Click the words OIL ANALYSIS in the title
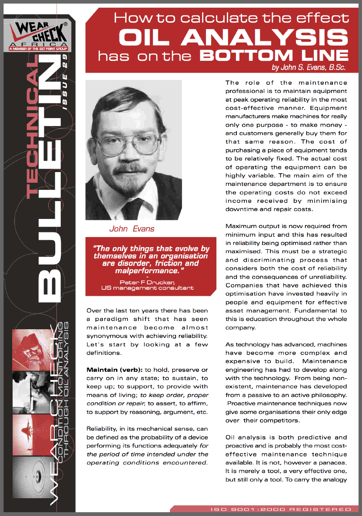pos(234,37)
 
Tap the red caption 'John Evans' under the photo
pos(132,228)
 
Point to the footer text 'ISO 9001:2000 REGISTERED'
pos(281,509)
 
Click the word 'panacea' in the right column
pos(333,454)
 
